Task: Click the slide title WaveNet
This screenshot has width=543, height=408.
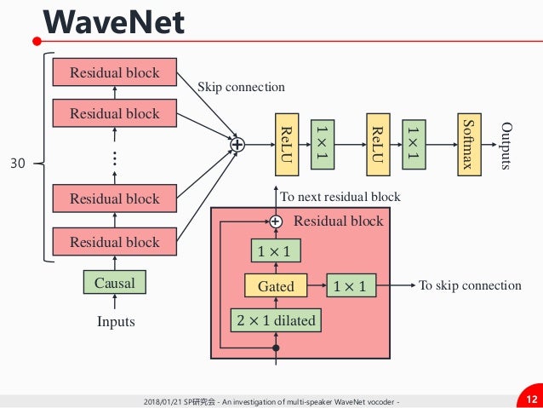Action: [x=113, y=22]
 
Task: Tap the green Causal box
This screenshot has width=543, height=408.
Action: [x=115, y=282]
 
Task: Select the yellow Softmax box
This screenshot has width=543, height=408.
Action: [x=469, y=145]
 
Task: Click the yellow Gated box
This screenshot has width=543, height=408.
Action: [x=276, y=285]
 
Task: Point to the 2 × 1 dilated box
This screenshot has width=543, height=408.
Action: [x=276, y=320]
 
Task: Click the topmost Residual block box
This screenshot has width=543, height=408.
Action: [x=115, y=72]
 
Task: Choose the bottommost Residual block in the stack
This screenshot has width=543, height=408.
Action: [x=115, y=242]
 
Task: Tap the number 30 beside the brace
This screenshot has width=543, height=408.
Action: [x=18, y=164]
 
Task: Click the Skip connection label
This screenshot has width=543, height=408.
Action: [x=241, y=87]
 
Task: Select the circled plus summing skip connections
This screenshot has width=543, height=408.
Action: [x=237, y=145]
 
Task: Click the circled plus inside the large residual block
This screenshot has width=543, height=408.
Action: [x=276, y=221]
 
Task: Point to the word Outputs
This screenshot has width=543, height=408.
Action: [x=506, y=146]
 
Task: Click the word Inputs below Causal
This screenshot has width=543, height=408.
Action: [x=116, y=321]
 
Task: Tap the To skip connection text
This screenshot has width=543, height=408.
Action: [x=470, y=285]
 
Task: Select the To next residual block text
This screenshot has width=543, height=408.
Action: [x=340, y=197]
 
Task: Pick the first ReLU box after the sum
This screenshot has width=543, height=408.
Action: [x=287, y=145]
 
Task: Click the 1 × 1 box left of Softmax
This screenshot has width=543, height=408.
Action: [x=414, y=145]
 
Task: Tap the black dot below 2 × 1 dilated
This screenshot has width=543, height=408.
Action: [x=276, y=348]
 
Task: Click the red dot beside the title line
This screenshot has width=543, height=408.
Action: [x=37, y=41]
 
